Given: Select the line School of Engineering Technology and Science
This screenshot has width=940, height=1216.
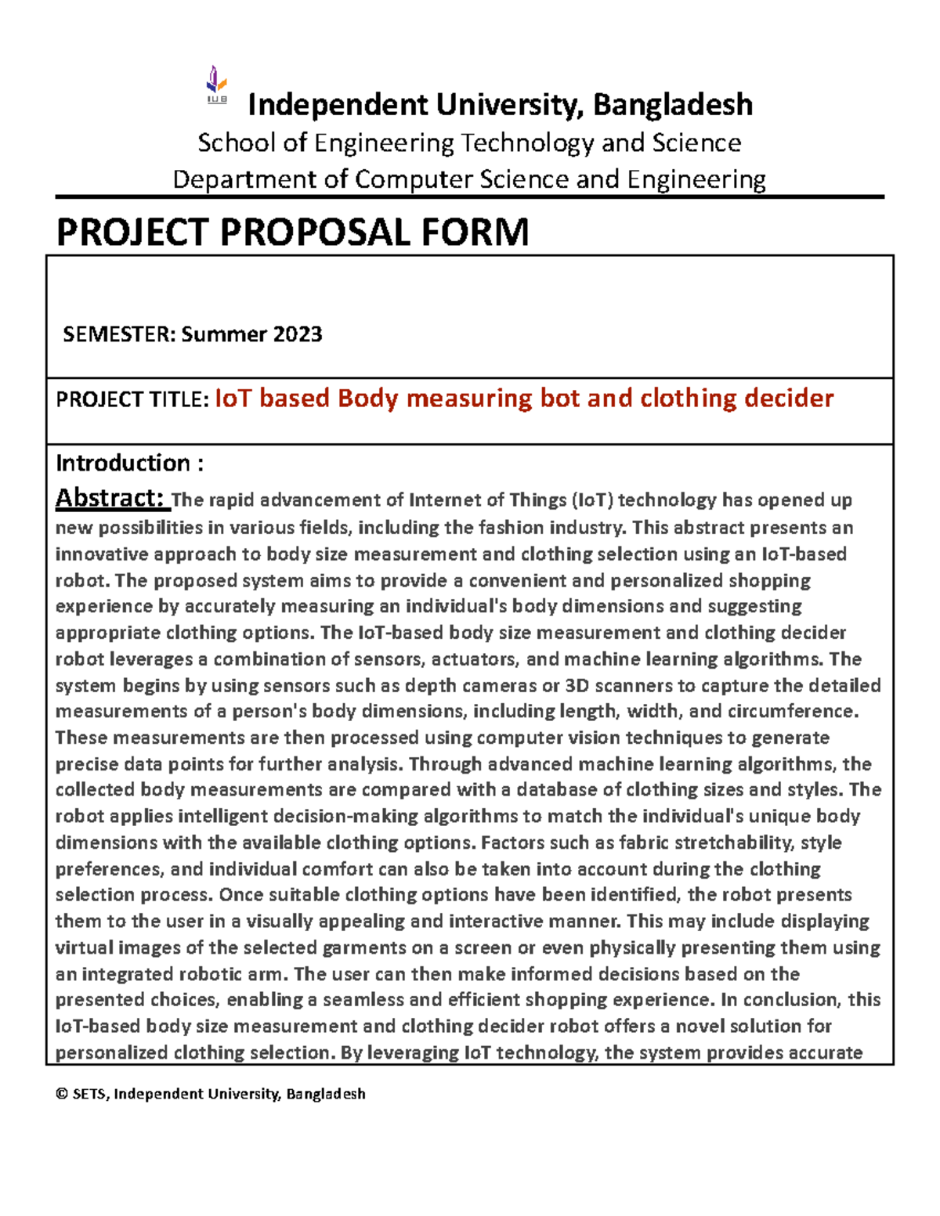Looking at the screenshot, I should point(469,143).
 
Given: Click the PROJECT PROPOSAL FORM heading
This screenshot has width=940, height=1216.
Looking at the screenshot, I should point(292,233).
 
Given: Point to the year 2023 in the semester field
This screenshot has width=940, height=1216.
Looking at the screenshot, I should point(298,334).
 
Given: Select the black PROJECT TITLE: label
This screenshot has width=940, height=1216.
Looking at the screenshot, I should point(132,399).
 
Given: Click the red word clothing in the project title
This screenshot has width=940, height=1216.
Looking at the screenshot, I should point(689,398).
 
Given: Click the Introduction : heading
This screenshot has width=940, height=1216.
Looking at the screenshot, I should point(129,463).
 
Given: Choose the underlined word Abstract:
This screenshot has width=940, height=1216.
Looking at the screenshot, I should point(110,498).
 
